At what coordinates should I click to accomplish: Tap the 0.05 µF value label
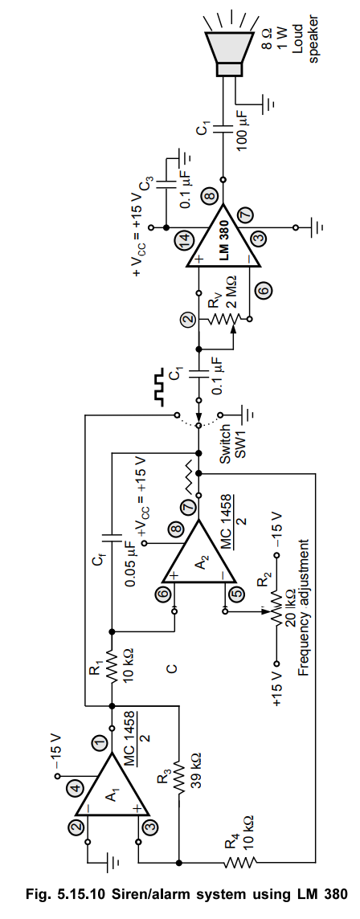[x=131, y=554]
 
